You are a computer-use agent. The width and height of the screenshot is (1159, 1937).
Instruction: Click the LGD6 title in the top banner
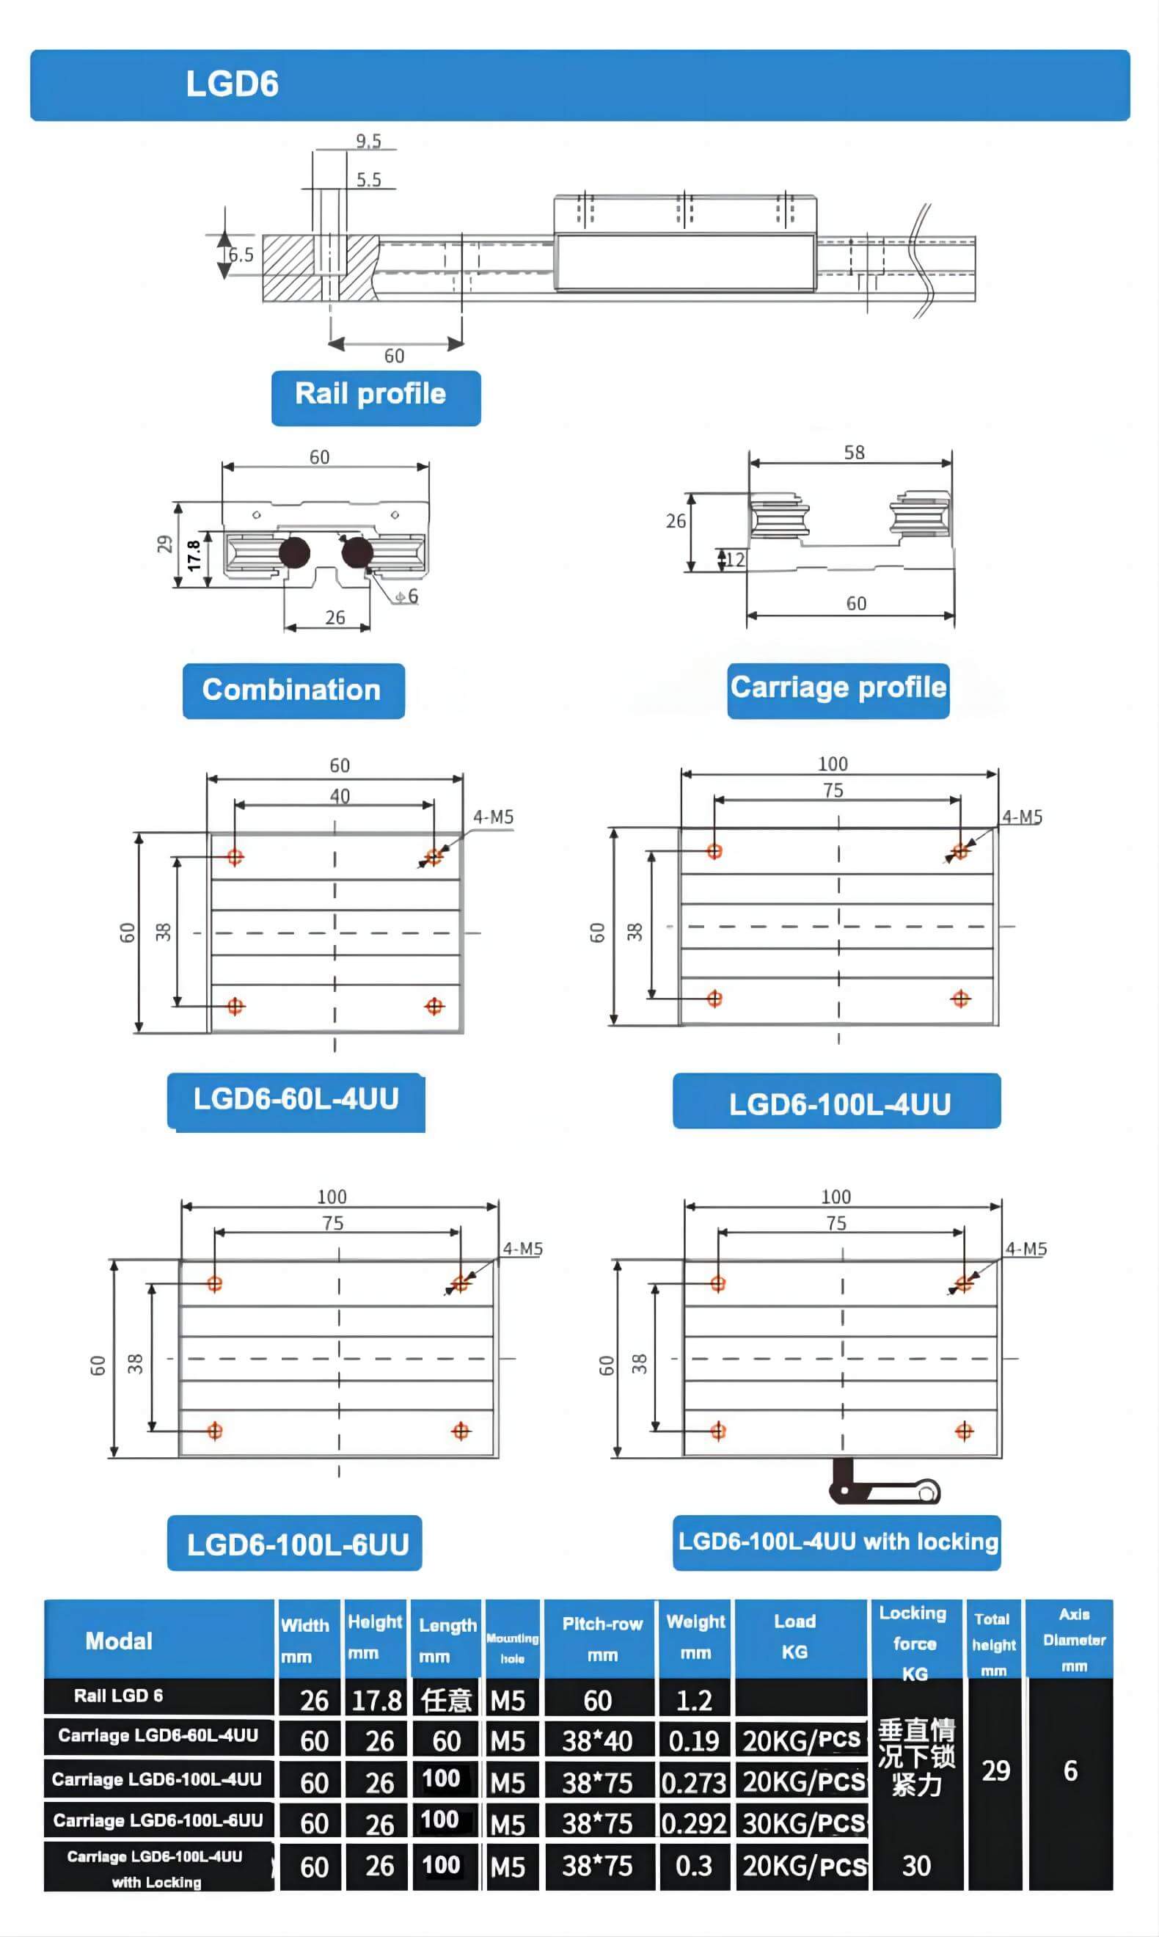232,84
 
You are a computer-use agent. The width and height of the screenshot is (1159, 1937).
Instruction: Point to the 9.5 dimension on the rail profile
369,141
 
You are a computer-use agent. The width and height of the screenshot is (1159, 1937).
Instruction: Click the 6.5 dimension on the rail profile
241,255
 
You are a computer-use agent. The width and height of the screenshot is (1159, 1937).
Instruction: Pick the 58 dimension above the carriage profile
854,452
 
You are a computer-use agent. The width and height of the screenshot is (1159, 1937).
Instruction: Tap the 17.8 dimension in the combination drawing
193,555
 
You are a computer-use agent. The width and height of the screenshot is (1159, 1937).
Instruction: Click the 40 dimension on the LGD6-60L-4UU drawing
340,796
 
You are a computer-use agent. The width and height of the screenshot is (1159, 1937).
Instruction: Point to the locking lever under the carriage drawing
884,1481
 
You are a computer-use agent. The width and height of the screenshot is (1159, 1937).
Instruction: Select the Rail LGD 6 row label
119,1696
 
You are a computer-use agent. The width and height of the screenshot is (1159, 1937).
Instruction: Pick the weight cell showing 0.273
695,1782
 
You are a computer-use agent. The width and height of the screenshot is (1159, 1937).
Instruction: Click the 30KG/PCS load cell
804,1823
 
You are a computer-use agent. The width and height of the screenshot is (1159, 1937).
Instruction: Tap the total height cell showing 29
995,1770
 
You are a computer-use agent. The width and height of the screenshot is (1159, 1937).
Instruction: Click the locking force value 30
916,1866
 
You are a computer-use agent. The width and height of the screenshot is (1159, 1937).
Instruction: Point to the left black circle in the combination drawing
294,552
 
